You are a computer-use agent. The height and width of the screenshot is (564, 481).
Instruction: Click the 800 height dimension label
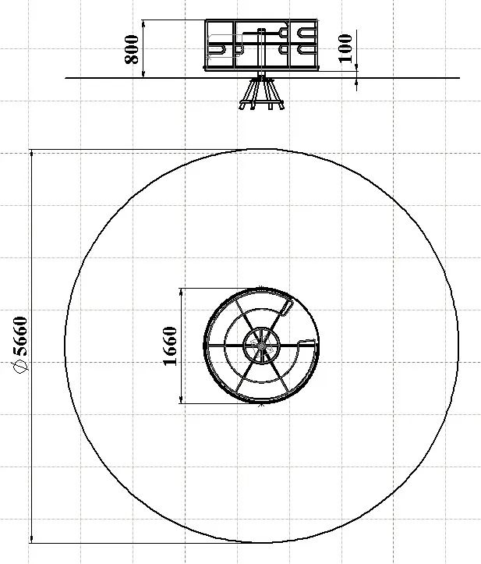click(x=132, y=49)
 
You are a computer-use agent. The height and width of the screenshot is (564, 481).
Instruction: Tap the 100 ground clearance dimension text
click(x=346, y=48)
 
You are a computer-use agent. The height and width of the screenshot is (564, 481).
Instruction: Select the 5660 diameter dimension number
click(x=20, y=335)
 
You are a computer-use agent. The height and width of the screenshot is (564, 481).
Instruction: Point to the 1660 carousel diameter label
click(x=171, y=346)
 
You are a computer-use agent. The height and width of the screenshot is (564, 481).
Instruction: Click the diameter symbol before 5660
click(x=20, y=366)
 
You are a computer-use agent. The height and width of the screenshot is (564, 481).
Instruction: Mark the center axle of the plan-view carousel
click(x=261, y=346)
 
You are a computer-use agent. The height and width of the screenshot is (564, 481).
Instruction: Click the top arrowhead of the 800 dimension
click(x=143, y=23)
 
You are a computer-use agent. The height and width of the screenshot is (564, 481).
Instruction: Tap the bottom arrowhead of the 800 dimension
click(x=143, y=74)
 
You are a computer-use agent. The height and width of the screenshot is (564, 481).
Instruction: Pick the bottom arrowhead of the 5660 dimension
click(x=32, y=539)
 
